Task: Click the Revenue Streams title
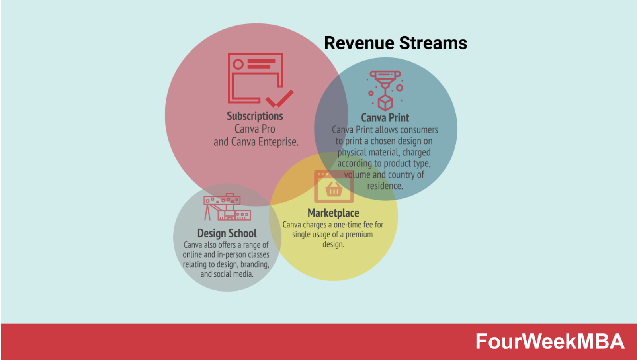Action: click(395, 43)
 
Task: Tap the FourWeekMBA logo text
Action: click(550, 342)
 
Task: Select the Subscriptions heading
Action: click(255, 116)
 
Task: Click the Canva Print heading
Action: click(385, 118)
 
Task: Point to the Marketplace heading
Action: click(333, 213)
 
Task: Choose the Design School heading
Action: click(227, 233)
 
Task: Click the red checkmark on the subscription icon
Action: click(279, 99)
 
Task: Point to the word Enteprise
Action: click(278, 142)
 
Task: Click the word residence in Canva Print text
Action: click(385, 186)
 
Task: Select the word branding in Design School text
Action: click(254, 264)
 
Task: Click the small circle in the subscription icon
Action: click(238, 64)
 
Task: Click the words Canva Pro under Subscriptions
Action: click(255, 129)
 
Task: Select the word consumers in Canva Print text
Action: click(418, 130)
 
